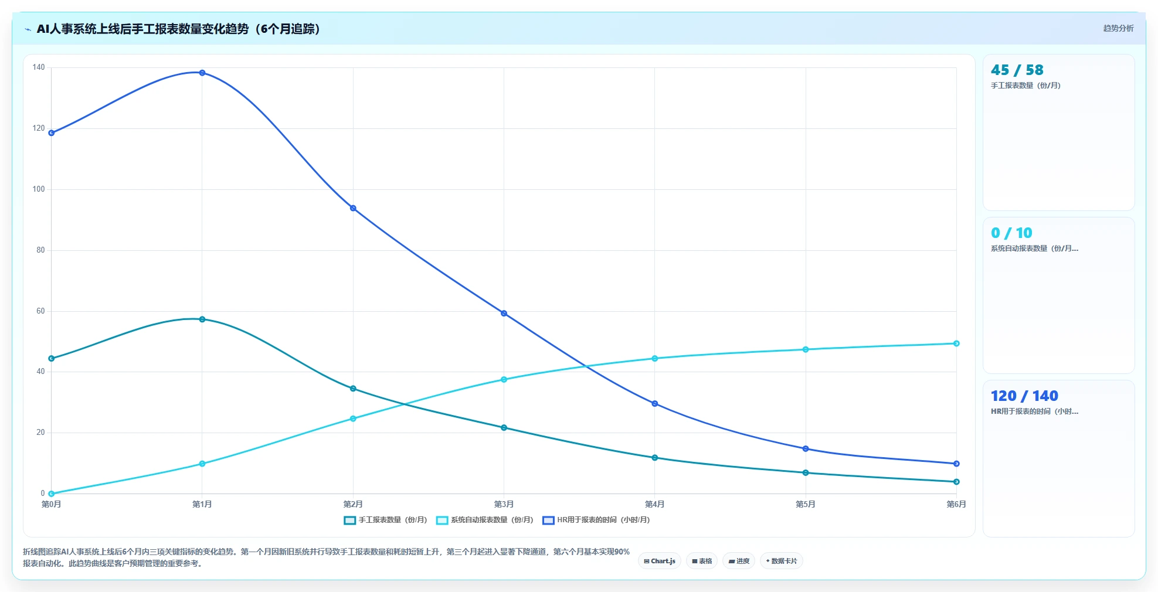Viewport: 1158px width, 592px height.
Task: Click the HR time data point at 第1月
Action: point(202,73)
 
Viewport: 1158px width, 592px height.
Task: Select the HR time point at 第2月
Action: point(353,208)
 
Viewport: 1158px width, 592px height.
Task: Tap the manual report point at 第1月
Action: point(202,319)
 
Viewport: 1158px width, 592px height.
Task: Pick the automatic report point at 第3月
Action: point(504,380)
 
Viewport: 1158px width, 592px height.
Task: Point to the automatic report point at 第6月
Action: point(956,343)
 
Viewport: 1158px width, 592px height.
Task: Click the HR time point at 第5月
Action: point(806,449)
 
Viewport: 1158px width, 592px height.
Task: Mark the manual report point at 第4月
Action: point(655,458)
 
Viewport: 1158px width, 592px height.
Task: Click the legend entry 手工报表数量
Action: point(385,520)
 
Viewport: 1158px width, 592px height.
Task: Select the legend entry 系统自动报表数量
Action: point(485,520)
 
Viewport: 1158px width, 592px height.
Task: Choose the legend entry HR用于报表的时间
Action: point(596,520)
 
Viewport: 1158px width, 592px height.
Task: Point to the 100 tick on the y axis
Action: point(39,189)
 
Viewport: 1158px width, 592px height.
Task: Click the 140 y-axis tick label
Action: point(39,67)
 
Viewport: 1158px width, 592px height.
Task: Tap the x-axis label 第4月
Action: point(655,504)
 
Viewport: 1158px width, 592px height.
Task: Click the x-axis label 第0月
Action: point(52,504)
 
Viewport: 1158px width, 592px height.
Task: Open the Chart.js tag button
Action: point(660,561)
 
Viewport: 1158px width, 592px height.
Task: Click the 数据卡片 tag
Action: point(782,561)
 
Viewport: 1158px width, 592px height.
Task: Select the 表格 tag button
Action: point(702,561)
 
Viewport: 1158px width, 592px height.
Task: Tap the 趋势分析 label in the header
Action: point(1118,28)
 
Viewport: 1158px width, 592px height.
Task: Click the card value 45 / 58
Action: point(1017,70)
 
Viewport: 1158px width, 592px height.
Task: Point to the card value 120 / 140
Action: point(1024,396)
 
